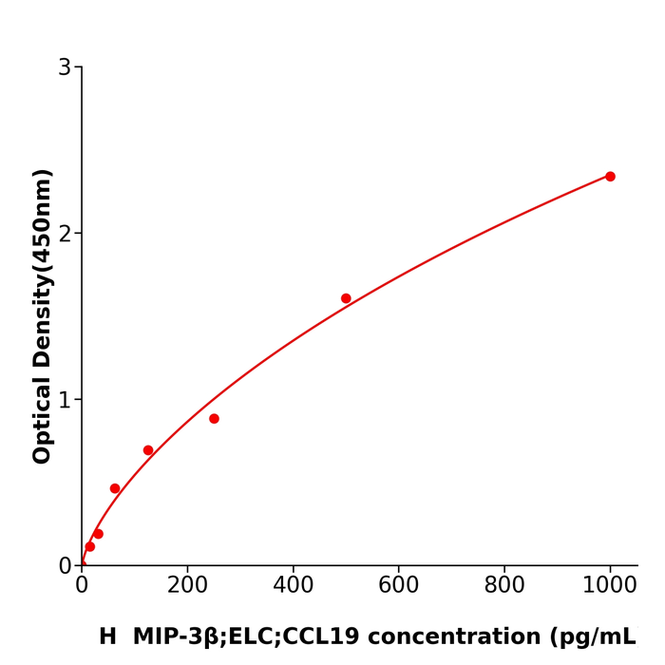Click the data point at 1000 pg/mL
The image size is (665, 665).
pyautogui.click(x=610, y=177)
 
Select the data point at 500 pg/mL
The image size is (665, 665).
pyautogui.click(x=346, y=298)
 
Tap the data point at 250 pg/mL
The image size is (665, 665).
pyautogui.click(x=214, y=419)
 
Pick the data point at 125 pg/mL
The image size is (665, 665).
pyautogui.click(x=148, y=450)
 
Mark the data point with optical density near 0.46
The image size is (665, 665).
pyautogui.click(x=115, y=488)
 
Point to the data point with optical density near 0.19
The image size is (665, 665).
pyautogui.click(x=98, y=534)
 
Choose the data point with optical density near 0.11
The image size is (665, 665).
pyautogui.click(x=89, y=546)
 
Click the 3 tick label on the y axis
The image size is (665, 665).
pyautogui.click(x=65, y=67)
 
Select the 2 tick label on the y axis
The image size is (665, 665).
pyautogui.click(x=65, y=234)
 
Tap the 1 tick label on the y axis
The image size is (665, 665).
pyautogui.click(x=65, y=400)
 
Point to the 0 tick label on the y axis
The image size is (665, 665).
pyautogui.click(x=65, y=565)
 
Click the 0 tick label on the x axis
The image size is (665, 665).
pyautogui.click(x=82, y=586)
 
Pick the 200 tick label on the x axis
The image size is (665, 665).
pyautogui.click(x=187, y=586)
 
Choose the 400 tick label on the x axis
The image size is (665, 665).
pyautogui.click(x=293, y=586)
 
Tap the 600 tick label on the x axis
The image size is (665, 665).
pyautogui.click(x=398, y=586)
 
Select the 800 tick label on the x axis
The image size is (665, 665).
pyautogui.click(x=504, y=586)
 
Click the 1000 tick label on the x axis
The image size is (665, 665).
pyautogui.click(x=610, y=586)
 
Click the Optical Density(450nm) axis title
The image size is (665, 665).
pyautogui.click(x=43, y=316)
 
